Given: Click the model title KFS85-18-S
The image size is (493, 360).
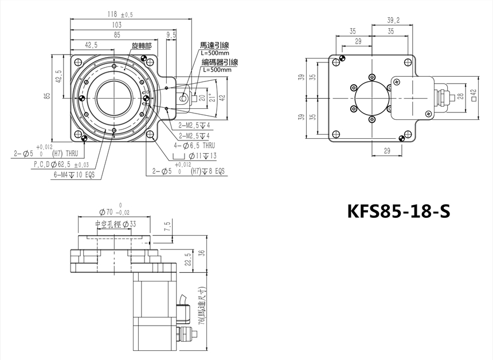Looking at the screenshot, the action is point(398,212).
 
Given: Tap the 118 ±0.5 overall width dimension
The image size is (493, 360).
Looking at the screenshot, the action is point(120,14).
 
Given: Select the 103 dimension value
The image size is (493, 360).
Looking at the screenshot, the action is point(116,25).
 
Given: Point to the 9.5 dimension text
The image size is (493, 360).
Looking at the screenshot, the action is point(171,35).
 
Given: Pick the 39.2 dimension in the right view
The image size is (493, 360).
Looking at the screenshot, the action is point(393,21).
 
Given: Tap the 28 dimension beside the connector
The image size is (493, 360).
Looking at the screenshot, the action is point(461,95).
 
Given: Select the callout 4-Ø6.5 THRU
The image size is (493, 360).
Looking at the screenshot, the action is point(194,146).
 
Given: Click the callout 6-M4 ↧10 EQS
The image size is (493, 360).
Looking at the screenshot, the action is point(74,175).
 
